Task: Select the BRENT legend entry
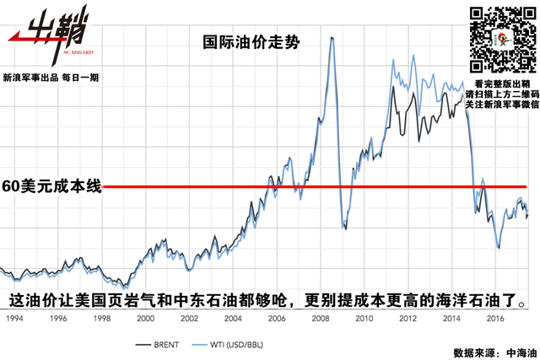click(159, 345)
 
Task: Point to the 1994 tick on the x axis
click(13, 319)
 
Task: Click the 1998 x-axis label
click(100, 319)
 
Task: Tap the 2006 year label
click(276, 319)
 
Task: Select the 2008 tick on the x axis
click(320, 319)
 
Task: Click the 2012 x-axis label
click(408, 319)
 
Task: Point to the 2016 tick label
click(495, 319)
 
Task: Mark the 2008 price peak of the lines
click(331, 37)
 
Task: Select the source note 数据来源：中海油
click(489, 351)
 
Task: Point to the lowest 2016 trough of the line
click(499, 248)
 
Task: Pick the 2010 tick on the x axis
click(364, 319)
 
